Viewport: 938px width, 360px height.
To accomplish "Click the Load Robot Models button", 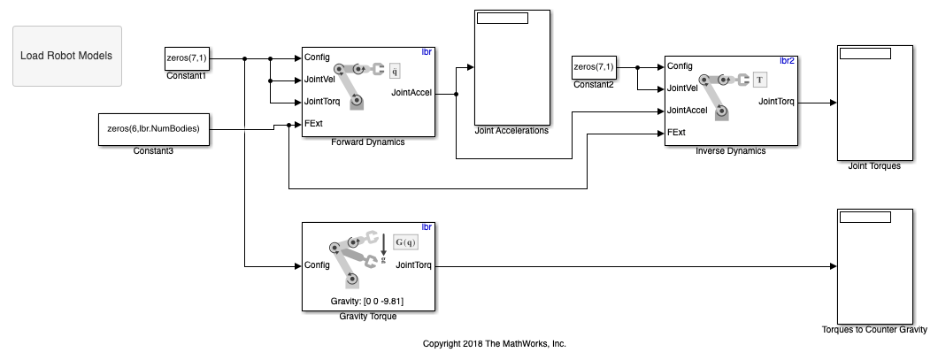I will click(67, 56).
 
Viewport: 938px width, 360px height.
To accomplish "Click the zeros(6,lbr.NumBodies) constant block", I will click(153, 128).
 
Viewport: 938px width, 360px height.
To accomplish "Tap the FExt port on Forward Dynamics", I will click(313, 123).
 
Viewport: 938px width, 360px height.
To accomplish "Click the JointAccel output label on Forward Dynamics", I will click(411, 91).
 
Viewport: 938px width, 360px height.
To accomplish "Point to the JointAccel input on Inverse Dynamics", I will click(687, 111).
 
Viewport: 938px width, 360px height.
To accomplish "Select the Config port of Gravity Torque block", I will click(317, 264).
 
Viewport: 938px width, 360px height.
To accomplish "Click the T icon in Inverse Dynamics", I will click(758, 80).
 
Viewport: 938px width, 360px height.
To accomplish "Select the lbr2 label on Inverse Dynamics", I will click(787, 61).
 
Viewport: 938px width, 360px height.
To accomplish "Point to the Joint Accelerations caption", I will click(511, 131).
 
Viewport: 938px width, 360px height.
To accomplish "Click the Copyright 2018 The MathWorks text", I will click(494, 343).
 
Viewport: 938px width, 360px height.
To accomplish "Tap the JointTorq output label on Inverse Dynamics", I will click(776, 101).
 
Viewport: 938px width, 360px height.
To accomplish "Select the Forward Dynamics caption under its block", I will click(367, 142).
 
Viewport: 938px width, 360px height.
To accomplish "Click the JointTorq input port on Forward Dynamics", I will click(321, 101).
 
